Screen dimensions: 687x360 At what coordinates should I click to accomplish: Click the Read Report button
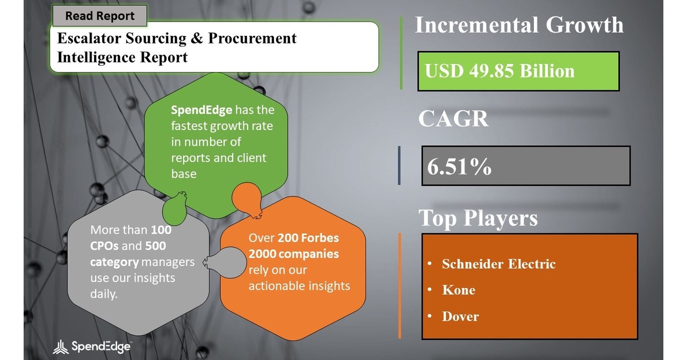coord(100,16)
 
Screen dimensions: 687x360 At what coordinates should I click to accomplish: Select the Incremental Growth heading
coord(519,25)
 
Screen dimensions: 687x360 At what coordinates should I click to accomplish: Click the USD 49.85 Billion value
coord(500,71)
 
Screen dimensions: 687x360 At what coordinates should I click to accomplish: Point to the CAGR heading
coord(453,118)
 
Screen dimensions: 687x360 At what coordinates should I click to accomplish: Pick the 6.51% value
coord(459,167)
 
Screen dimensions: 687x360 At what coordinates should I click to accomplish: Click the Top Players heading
coord(478,218)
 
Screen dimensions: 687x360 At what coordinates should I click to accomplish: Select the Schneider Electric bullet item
coord(498,264)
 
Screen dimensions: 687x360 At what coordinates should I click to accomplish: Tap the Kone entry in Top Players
coord(459,290)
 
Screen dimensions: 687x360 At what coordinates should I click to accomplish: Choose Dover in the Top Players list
coord(460,316)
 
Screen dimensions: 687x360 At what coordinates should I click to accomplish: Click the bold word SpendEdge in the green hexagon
coord(201,110)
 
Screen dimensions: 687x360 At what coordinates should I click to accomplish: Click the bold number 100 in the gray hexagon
coord(161,230)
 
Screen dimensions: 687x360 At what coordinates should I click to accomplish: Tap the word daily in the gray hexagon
coord(104,294)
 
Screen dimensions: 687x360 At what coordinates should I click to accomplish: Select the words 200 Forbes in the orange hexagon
coord(308,238)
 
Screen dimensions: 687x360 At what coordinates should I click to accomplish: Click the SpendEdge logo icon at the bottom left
coord(60,347)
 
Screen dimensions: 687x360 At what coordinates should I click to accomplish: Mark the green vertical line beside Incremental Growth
coord(401,53)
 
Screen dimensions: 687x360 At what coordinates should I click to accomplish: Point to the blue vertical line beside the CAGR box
coord(399,165)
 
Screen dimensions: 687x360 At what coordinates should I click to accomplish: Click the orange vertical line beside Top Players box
coord(400,286)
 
